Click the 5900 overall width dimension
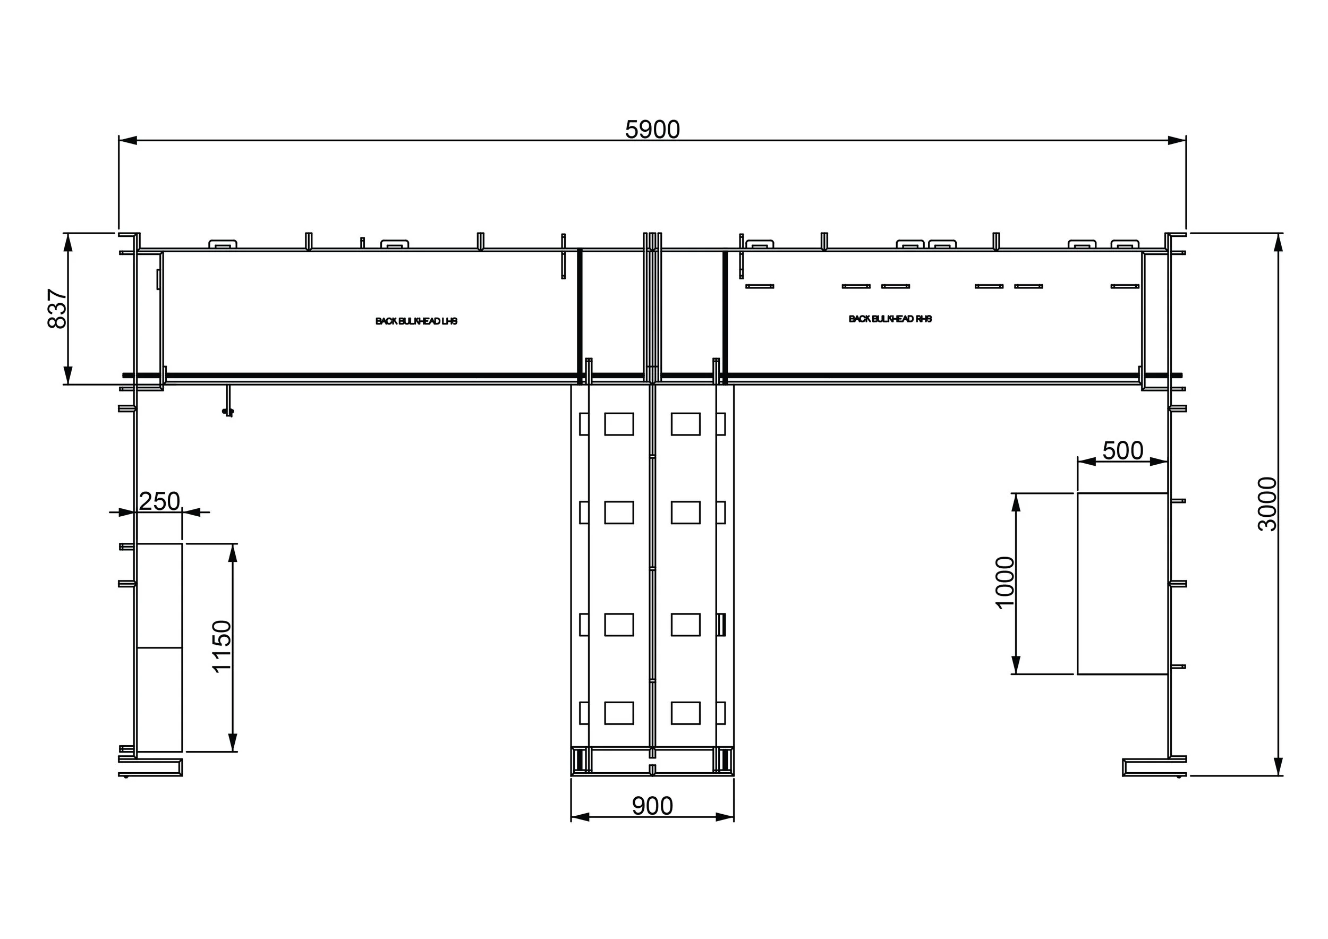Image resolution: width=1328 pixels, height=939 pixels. click(652, 130)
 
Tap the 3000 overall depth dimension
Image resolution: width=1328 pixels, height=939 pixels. click(1267, 503)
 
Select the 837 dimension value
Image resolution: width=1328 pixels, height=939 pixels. click(57, 309)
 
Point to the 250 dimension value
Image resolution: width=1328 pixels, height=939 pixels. click(160, 501)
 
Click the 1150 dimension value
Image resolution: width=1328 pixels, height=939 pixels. click(222, 646)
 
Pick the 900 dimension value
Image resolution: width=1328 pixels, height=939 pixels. click(652, 806)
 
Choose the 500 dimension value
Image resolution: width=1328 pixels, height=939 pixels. click(1122, 450)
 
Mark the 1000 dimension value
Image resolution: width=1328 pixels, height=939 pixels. click(1004, 583)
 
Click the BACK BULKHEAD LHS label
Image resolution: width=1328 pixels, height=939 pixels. click(416, 321)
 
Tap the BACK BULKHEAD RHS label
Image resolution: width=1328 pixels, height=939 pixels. click(890, 319)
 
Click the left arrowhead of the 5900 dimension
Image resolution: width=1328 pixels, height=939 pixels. click(128, 140)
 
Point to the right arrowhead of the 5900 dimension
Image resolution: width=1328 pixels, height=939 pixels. click(1177, 140)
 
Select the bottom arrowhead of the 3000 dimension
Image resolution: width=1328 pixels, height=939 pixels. click(1278, 766)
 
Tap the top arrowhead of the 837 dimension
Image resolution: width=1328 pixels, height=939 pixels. click(68, 242)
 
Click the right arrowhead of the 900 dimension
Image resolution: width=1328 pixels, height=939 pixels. click(725, 817)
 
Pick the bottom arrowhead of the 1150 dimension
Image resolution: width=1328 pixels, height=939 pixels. click(233, 742)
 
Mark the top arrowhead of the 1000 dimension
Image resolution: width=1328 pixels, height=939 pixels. click(1016, 502)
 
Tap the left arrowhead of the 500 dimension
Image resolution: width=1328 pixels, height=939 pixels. click(1087, 462)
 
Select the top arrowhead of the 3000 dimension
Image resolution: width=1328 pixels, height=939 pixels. click(1278, 242)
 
